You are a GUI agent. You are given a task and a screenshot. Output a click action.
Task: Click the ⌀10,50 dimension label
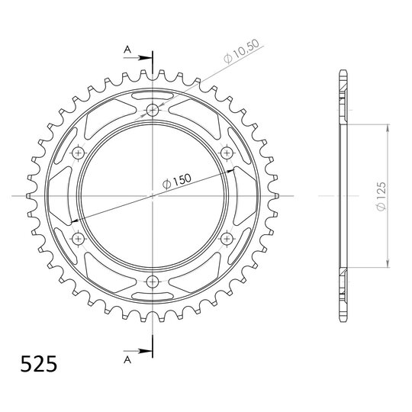pos(242,52)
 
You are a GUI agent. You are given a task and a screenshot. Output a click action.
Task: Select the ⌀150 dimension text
pos(176,182)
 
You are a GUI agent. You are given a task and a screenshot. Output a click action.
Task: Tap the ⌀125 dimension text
pos(381,196)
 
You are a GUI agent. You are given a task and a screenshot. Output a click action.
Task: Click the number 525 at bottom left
pos(39,364)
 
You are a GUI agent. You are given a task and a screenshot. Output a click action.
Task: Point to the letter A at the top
pos(127,49)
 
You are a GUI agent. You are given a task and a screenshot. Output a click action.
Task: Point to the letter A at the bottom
pos(127,359)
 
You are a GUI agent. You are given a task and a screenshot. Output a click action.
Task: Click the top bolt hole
pos(153,110)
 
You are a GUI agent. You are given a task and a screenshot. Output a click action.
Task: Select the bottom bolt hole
pos(153,282)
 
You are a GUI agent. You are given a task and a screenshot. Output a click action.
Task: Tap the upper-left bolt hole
pos(78,153)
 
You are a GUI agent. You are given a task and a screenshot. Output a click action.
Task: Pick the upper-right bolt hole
pos(227,153)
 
